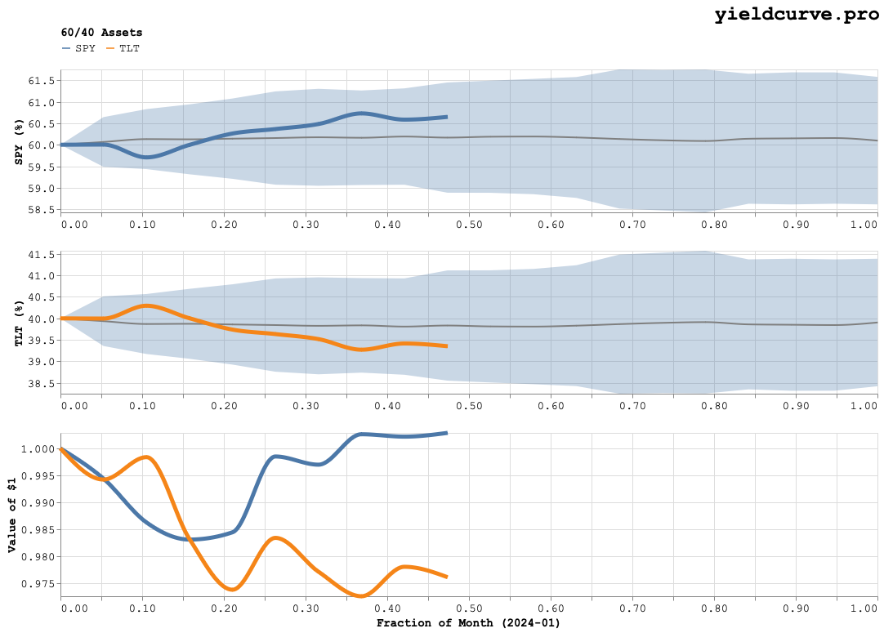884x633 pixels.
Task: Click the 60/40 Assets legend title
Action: coord(101,33)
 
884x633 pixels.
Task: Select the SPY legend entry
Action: coord(78,48)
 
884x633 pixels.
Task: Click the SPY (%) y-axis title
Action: coord(18,141)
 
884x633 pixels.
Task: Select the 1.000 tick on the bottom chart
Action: coord(39,449)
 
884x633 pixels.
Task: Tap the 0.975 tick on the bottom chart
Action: coord(39,584)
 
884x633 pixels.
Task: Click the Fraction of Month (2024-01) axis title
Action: coord(468,623)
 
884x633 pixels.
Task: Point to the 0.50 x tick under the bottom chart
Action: coord(469,609)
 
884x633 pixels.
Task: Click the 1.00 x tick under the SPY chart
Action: coord(864,224)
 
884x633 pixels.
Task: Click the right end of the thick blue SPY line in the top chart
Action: coord(446,117)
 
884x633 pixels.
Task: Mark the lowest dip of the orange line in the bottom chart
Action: coord(360,596)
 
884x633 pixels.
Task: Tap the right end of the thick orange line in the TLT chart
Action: coord(446,346)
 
